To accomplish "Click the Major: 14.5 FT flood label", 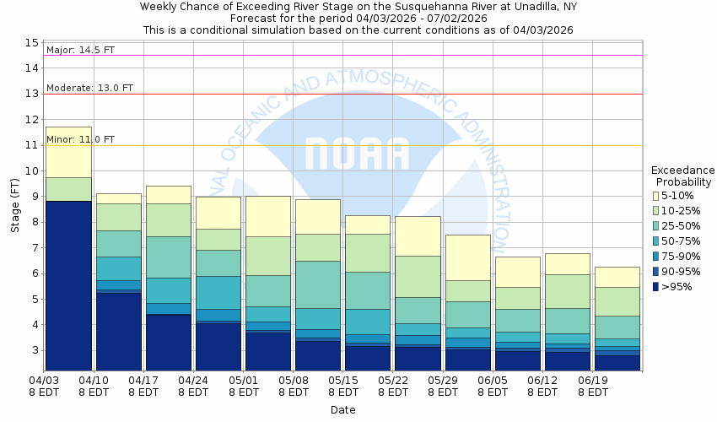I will [80, 50].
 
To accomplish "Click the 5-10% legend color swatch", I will [655, 196].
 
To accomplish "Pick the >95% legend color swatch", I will [655, 287].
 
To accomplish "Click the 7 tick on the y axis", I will [35, 247].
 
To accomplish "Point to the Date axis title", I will [342, 410].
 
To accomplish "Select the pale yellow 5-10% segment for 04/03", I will [67, 152].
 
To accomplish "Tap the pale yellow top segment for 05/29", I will [467, 257].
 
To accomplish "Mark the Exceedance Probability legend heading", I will [683, 176].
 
